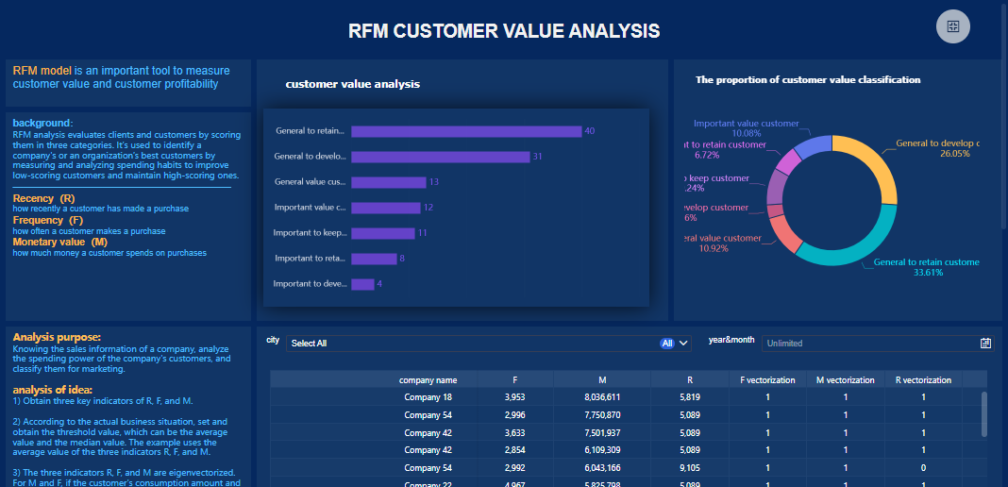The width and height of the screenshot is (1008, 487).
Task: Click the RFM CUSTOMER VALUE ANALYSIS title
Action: (x=504, y=31)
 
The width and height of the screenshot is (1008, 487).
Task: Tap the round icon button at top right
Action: (x=952, y=26)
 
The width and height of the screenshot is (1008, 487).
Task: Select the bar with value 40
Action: (x=466, y=130)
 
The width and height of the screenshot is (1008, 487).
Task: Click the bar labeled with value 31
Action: (x=440, y=157)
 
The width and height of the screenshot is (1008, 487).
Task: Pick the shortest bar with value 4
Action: (x=362, y=284)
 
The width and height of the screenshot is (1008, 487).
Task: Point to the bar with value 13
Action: (x=388, y=182)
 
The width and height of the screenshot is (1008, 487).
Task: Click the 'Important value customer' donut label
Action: (x=746, y=124)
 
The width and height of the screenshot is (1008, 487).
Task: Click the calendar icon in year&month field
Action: (x=985, y=344)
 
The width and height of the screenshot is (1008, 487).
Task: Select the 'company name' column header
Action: (x=428, y=380)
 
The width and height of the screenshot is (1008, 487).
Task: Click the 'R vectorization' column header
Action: (x=923, y=380)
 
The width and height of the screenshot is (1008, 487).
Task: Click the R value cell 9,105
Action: (x=689, y=468)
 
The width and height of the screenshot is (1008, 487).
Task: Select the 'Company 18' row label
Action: (x=428, y=397)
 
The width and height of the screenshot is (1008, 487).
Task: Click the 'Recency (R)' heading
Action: (x=43, y=199)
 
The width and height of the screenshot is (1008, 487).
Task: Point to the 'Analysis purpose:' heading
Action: (x=57, y=337)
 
